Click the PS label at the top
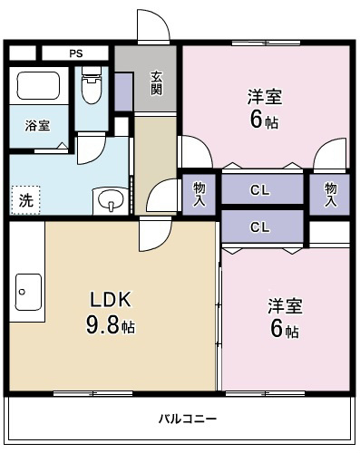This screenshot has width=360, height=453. click(75, 53)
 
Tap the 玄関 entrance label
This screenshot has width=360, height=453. click(156, 82)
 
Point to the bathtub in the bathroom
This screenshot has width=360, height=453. click(37, 89)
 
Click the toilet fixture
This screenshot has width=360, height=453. click(91, 87)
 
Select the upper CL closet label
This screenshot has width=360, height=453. click(260, 190)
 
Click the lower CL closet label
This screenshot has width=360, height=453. click(260, 226)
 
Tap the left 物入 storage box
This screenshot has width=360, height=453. click(199, 192)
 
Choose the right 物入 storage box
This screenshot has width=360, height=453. click(330, 192)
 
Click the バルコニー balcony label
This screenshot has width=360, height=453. click(188, 418)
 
